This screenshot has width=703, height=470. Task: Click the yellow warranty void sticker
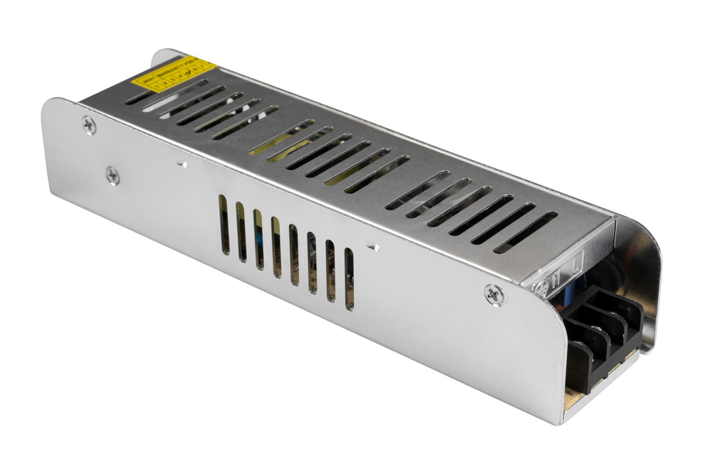point(173,75)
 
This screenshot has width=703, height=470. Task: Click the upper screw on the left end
point(89,124)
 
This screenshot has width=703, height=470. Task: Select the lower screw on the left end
point(112,174)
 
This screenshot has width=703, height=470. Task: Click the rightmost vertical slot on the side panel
point(350,279)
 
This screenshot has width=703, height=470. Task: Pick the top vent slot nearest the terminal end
point(525,232)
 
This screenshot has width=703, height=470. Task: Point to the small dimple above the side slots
point(182,164)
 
